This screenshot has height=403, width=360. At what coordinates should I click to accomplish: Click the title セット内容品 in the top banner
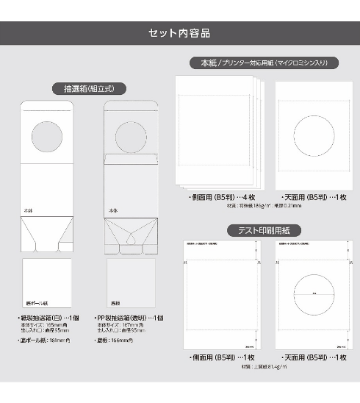coord(179,32)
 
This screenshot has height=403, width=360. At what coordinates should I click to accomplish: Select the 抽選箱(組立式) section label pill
coord(89,88)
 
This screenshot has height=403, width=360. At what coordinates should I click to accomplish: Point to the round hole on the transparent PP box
coord(133,137)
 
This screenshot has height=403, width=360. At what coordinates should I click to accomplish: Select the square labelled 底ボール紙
coord(47,283)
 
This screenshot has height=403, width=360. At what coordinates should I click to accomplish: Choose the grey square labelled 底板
coord(131,283)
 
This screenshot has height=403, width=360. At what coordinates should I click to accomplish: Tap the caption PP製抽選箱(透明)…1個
coord(132,318)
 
